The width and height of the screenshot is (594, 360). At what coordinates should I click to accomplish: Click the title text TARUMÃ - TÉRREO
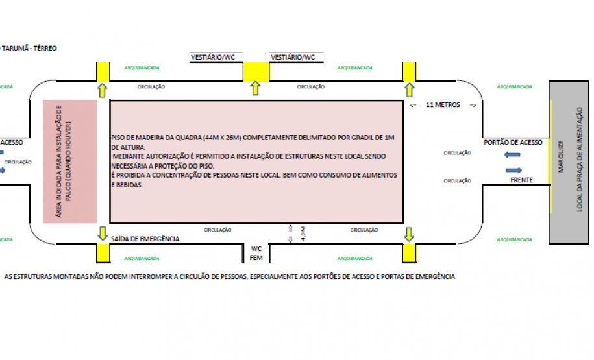pyautogui.click(x=29, y=48)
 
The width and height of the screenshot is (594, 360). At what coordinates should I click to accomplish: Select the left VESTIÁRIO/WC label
pyautogui.click(x=212, y=57)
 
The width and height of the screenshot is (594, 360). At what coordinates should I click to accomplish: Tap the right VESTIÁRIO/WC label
pyautogui.click(x=292, y=57)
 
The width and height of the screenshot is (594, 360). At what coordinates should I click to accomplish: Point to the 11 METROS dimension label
pyautogui.click(x=443, y=104)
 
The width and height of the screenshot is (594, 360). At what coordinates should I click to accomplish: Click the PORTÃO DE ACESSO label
pyautogui.click(x=513, y=142)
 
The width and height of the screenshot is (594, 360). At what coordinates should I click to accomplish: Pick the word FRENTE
pyautogui.click(x=521, y=180)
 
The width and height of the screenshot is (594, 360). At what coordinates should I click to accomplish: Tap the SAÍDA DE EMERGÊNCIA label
pyautogui.click(x=145, y=239)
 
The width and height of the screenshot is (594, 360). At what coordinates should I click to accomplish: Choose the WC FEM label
pyautogui.click(x=256, y=253)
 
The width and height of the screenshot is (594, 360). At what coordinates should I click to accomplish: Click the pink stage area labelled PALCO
pyautogui.click(x=69, y=162)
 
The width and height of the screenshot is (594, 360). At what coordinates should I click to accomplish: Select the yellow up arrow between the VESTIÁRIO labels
pyautogui.click(x=255, y=89)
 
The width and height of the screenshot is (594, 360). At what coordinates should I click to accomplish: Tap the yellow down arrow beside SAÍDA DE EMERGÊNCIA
pyautogui.click(x=103, y=232)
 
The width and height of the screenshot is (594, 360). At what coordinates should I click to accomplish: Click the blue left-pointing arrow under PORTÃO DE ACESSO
pyautogui.click(x=512, y=154)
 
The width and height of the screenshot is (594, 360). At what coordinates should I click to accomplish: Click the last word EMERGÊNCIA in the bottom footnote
pyautogui.click(x=434, y=276)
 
